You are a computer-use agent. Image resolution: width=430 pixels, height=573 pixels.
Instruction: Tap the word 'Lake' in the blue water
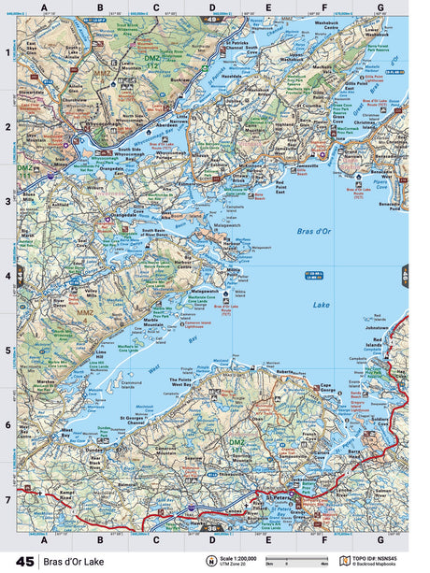321,305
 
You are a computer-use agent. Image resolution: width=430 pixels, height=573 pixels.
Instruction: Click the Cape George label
322,387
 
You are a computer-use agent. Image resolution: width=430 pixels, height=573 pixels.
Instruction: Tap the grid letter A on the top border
44,7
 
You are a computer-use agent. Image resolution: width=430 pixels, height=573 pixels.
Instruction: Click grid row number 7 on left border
8,501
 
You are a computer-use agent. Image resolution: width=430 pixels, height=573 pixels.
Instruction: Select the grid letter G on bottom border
380,540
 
